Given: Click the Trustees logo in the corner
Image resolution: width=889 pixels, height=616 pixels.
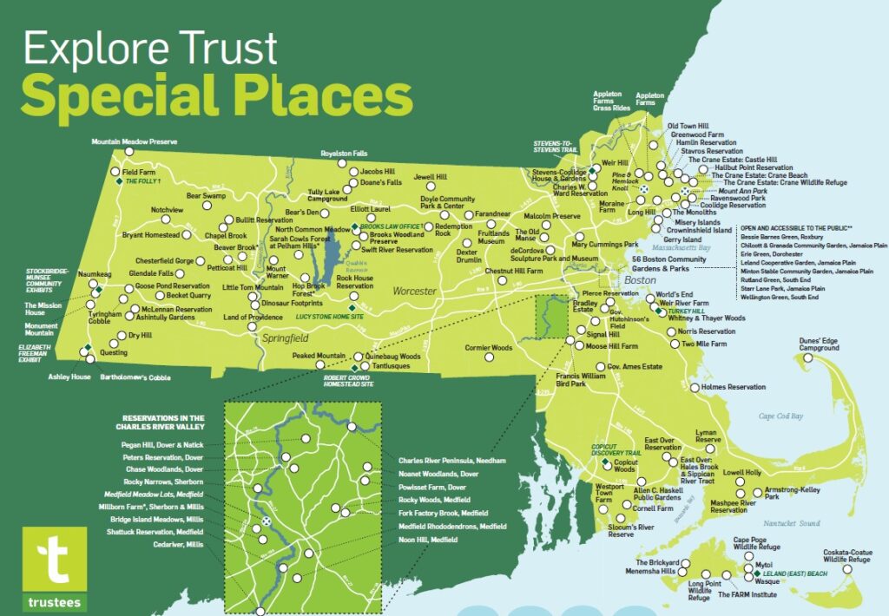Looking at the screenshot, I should pyautogui.click(x=56, y=563).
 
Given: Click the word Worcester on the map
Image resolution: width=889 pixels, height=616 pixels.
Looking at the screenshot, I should pyautogui.click(x=413, y=292).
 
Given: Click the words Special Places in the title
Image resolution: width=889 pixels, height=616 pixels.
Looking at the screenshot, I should pyautogui.click(x=216, y=96).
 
